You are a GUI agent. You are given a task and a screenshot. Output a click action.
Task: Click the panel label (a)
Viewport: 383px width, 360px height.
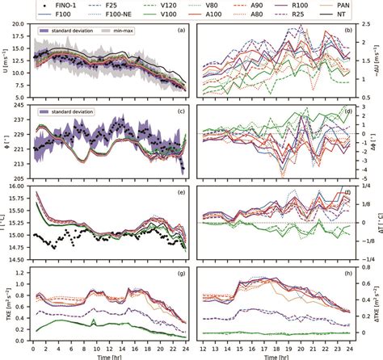[181, 31]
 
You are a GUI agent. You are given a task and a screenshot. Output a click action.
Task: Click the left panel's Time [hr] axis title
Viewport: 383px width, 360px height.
[107, 354]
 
